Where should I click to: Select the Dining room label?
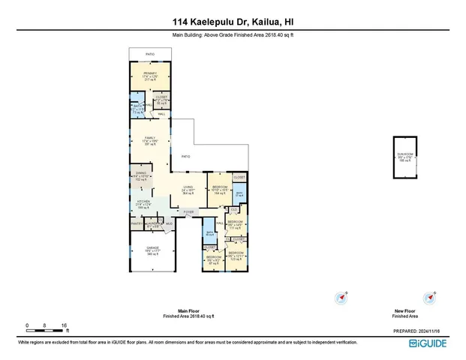(x=143, y=177)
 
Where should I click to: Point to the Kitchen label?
(x=143, y=202)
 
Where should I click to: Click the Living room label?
(x=188, y=190)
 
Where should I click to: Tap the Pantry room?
(x=136, y=223)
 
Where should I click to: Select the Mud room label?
(x=168, y=223)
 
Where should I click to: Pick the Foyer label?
(x=188, y=213)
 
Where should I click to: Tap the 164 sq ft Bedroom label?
(x=220, y=189)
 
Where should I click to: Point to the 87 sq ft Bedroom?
(x=213, y=259)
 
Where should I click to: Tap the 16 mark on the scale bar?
(x=65, y=325)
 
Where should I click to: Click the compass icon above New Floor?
(x=430, y=297)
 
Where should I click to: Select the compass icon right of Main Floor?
(x=342, y=297)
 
